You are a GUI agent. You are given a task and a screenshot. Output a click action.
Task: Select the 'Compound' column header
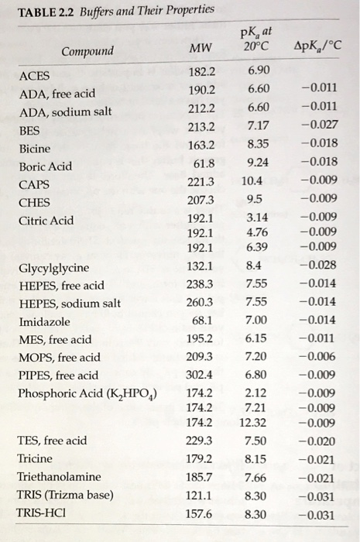click(87, 52)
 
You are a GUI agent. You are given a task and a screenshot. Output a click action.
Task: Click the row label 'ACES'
click(33, 76)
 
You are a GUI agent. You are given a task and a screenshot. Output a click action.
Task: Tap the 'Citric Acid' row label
click(46, 220)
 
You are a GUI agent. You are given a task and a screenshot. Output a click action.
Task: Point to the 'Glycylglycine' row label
click(53, 269)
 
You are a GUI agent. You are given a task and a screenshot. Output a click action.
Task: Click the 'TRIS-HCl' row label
click(42, 513)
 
